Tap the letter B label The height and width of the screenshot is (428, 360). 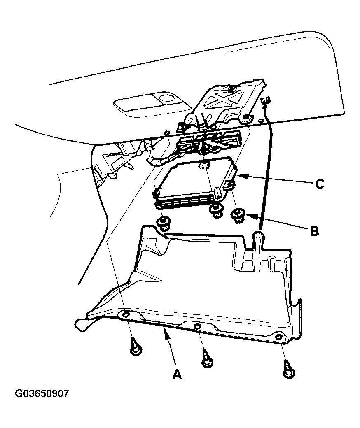(314, 231)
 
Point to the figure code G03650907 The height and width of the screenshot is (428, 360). (42, 393)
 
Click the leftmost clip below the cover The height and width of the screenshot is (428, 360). (135, 347)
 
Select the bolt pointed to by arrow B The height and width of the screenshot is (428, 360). (238, 215)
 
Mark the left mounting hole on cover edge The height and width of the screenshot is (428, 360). (126, 315)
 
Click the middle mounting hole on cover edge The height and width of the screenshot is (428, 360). (197, 326)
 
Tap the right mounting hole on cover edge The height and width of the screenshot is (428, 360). (278, 336)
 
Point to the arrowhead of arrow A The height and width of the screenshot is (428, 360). (166, 333)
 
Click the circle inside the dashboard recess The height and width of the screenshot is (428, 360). (167, 98)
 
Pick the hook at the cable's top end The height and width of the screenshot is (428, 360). (266, 99)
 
